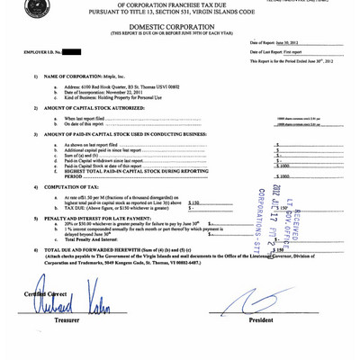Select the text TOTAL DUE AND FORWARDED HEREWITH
pos(99,249)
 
